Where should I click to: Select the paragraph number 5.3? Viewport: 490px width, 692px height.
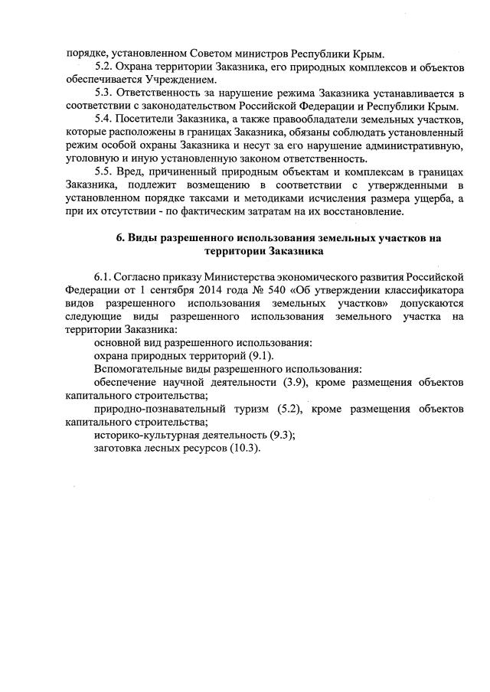[104, 93]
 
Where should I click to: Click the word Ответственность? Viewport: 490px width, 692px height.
[162, 93]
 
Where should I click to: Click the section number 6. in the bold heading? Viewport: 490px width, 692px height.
[121, 238]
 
